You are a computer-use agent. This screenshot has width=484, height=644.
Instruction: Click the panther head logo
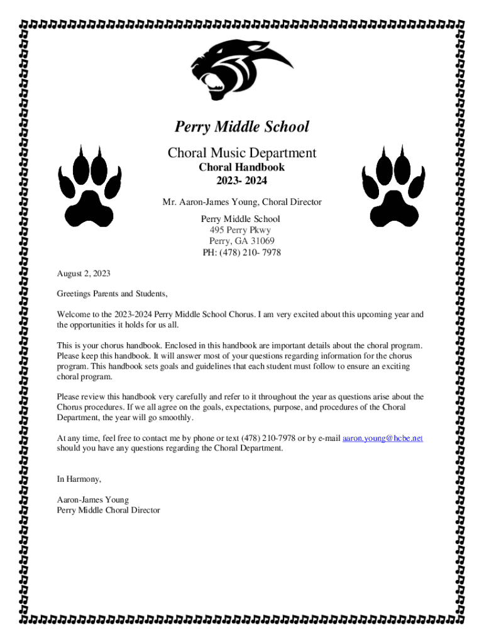click(241, 69)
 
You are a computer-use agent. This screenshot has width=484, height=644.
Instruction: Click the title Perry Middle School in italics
click(241, 127)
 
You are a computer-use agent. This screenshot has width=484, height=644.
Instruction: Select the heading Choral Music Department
click(241, 153)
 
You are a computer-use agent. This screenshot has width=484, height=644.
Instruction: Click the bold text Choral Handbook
click(241, 167)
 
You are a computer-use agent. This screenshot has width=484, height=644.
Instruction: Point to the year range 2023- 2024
click(241, 181)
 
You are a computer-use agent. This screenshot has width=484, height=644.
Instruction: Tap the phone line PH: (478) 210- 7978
click(241, 253)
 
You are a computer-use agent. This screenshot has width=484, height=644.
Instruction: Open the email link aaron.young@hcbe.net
click(382, 438)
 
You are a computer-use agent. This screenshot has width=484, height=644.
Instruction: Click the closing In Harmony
click(79, 479)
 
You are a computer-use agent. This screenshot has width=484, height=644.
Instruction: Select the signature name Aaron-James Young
click(92, 499)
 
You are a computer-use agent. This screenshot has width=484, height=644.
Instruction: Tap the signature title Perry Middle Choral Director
click(108, 510)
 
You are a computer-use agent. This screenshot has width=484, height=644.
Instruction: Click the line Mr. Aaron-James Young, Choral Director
click(241, 203)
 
